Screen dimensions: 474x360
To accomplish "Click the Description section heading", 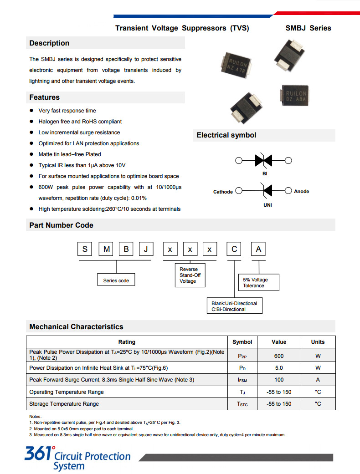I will coord(49,43).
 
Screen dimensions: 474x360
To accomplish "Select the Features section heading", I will coord(45,97).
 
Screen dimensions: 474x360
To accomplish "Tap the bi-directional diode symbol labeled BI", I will coord(263,160).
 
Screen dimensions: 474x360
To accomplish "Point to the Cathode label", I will coord(223,192).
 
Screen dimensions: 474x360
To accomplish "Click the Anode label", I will coord(301,192).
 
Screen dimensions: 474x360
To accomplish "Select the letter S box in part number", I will coord(85,249).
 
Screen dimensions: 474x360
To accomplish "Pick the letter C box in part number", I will coord(234,249).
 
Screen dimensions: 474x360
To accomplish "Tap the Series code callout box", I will coord(116,280).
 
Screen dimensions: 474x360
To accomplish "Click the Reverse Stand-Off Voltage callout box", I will coord(190,275).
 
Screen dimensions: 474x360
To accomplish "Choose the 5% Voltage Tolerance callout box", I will coord(258,283).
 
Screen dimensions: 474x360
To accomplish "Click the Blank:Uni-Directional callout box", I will coord(234,306).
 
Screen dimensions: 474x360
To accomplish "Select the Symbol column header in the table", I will coord(242,342).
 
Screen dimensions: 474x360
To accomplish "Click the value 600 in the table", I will coord(279,356).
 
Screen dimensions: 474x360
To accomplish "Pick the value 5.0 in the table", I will coord(279,368).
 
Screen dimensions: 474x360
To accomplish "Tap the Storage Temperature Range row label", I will coord(64,404).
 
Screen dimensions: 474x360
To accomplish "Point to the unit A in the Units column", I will coord(318,380).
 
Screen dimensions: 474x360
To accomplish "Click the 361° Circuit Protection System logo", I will coord(77,458).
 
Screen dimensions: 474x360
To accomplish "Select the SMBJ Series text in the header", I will coord(308,28).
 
